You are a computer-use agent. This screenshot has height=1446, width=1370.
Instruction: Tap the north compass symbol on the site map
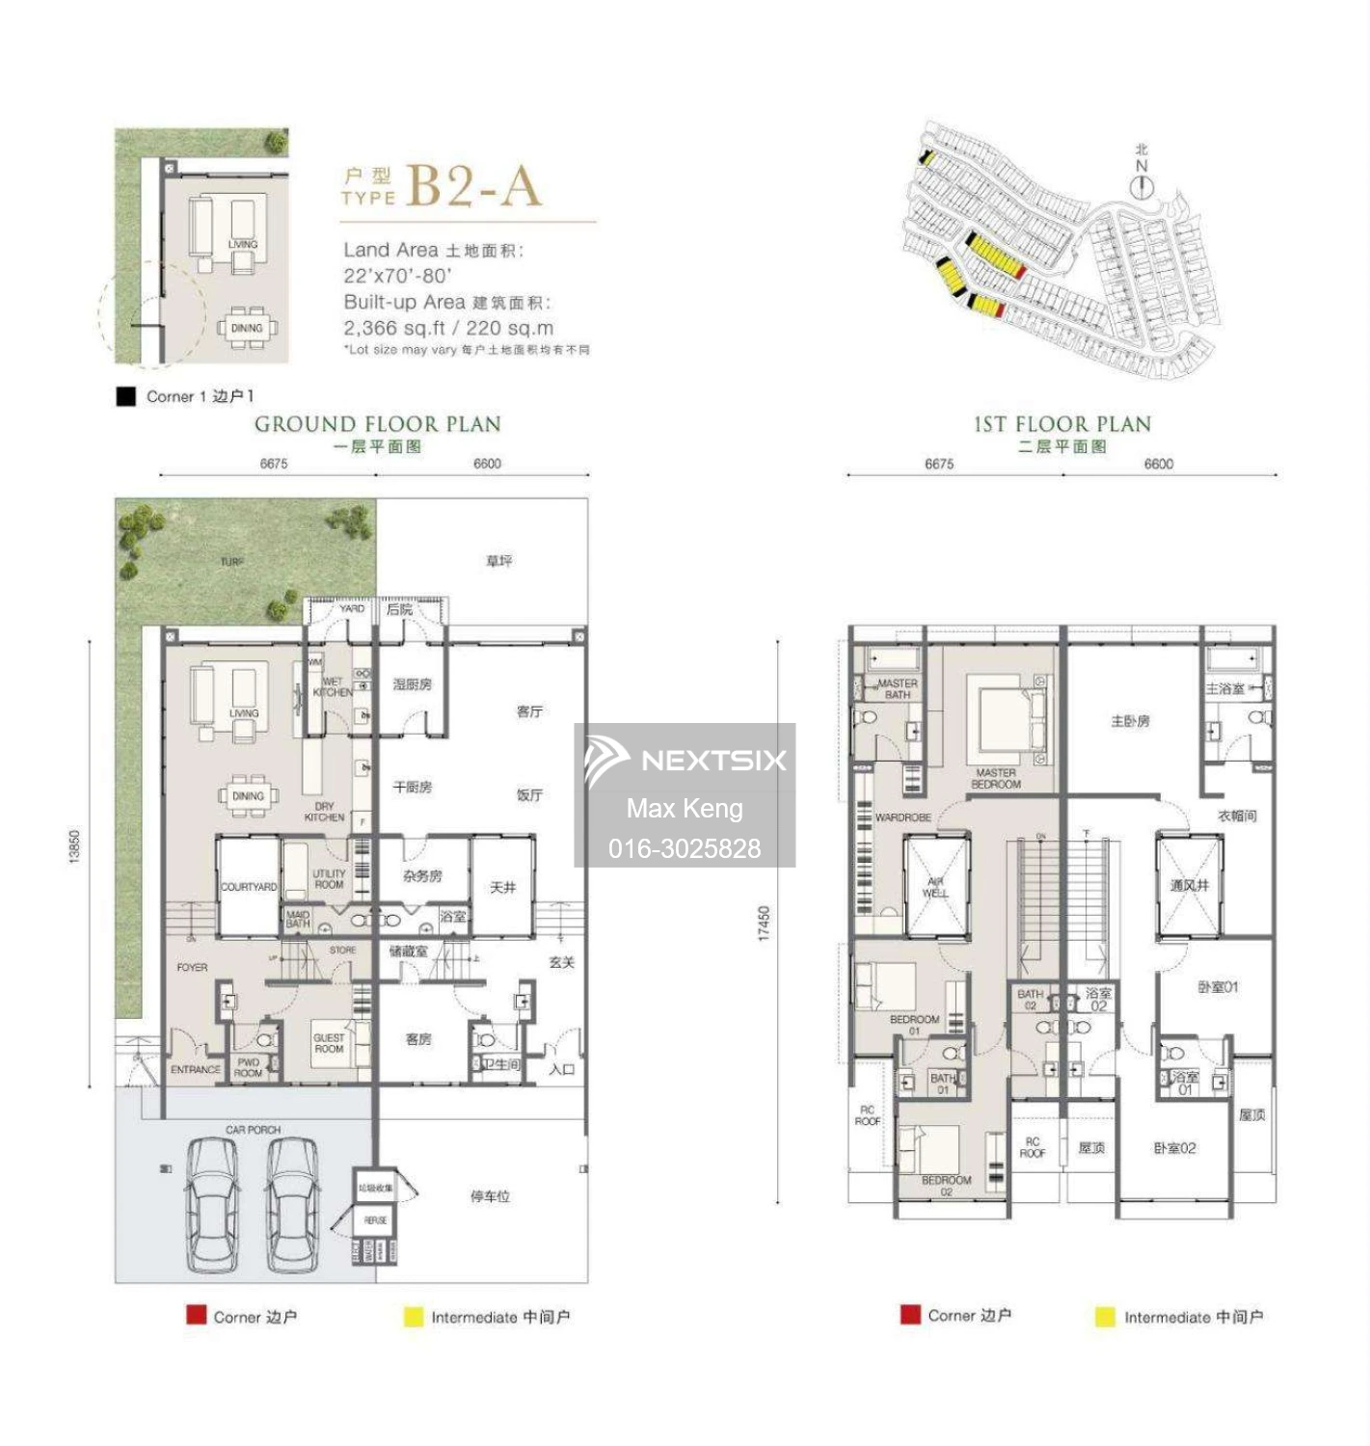pyautogui.click(x=1142, y=187)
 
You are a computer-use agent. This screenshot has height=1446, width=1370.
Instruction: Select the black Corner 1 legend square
pyautogui.click(x=125, y=396)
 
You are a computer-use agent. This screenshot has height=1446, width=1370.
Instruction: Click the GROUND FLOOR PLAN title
pyautogui.click(x=377, y=424)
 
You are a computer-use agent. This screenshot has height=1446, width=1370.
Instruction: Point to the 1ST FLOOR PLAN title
pyautogui.click(x=1062, y=424)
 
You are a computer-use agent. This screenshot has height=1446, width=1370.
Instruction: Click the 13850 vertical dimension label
pyautogui.click(x=74, y=846)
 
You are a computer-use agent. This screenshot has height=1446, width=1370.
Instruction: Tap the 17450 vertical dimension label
pyautogui.click(x=764, y=923)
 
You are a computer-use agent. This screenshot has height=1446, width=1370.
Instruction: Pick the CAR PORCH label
pyautogui.click(x=253, y=1130)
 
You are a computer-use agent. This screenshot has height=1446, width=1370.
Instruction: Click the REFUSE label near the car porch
pyautogui.click(x=375, y=1220)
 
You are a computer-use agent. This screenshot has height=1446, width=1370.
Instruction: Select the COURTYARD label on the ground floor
pyautogui.click(x=249, y=886)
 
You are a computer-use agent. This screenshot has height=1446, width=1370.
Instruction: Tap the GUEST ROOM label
pyautogui.click(x=329, y=1043)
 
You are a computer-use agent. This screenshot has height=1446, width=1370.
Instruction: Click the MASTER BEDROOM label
pyautogui.click(x=995, y=779)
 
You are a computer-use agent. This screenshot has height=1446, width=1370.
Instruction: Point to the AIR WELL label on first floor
pyautogui.click(x=935, y=887)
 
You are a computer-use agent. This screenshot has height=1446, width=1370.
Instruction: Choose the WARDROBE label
pyautogui.click(x=903, y=817)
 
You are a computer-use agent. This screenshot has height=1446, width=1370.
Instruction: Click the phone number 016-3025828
pyautogui.click(x=684, y=848)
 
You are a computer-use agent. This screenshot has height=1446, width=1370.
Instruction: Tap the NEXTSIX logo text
pyautogui.click(x=713, y=761)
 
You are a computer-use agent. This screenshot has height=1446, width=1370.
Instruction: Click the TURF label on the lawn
pyautogui.click(x=232, y=562)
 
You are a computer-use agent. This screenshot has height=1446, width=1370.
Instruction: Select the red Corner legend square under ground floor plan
pyautogui.click(x=197, y=1315)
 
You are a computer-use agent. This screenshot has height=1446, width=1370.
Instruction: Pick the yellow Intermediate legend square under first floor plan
pyautogui.click(x=1105, y=1317)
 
